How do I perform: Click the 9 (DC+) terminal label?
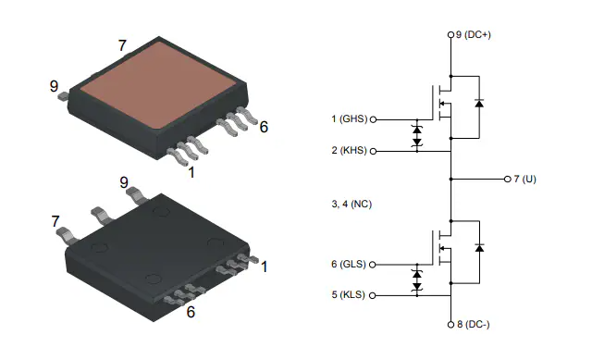[x=473, y=35]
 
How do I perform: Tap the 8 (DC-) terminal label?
[x=473, y=324]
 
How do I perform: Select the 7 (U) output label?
[x=524, y=179]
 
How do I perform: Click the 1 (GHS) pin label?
[x=350, y=119]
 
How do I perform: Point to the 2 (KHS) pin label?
[x=350, y=150]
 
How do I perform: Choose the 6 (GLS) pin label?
[x=349, y=264]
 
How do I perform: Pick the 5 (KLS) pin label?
[x=349, y=294]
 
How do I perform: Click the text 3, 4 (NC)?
[x=351, y=204]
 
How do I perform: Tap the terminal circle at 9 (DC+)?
[x=450, y=35]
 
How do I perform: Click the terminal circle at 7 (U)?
[x=508, y=179]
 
